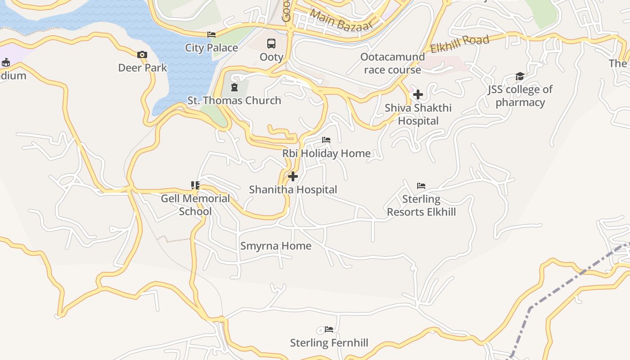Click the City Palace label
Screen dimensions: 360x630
[x=211, y=48]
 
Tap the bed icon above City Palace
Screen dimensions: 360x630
[x=211, y=35]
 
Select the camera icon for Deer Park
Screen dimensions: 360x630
[x=142, y=55]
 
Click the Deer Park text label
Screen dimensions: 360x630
[x=143, y=68]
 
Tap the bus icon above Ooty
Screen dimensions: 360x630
[x=271, y=44]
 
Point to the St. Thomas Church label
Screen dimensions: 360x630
[x=234, y=100]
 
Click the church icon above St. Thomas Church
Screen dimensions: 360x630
[x=234, y=87]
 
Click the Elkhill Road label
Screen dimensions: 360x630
[x=459, y=44]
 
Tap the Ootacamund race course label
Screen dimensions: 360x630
[x=392, y=63]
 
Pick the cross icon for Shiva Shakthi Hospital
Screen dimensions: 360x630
[x=418, y=94]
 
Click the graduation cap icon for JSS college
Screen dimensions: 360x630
[x=520, y=76]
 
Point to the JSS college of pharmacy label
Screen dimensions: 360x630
[x=520, y=96]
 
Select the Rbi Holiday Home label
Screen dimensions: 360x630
[x=327, y=153]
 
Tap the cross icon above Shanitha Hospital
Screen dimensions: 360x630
[x=293, y=176]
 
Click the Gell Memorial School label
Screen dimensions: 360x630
[x=195, y=205]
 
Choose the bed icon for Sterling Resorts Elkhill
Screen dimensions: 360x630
[x=421, y=185]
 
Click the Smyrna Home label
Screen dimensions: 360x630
[x=276, y=246]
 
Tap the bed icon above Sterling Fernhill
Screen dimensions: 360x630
[x=329, y=329]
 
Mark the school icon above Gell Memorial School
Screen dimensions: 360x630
[x=195, y=185]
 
